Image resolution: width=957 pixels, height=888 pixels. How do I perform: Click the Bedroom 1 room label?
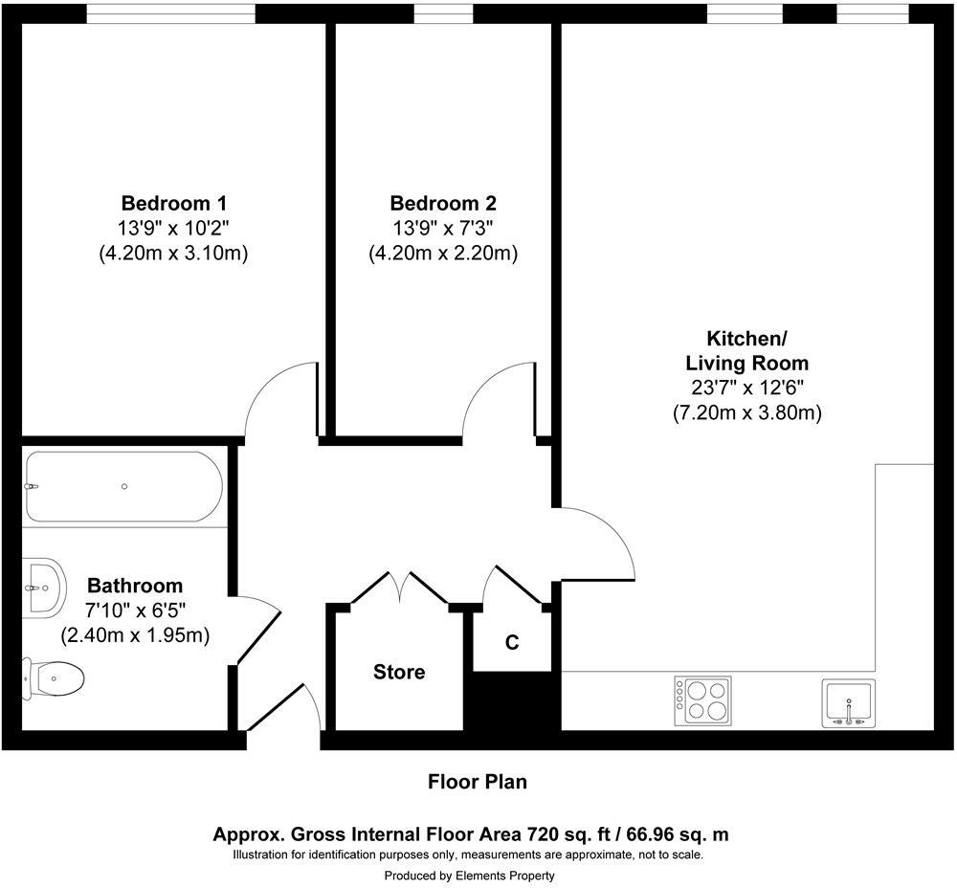(173, 204)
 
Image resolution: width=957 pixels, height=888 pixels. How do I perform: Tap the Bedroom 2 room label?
(443, 204)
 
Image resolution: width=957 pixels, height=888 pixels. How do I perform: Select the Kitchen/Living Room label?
(746, 351)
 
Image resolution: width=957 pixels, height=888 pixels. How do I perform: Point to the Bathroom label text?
(135, 586)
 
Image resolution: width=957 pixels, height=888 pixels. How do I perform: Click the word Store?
(399, 673)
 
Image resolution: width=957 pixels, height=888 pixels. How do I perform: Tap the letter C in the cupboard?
(512, 643)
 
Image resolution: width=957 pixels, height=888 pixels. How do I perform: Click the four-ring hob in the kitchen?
(703, 700)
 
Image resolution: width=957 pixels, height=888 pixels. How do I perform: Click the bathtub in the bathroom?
(124, 486)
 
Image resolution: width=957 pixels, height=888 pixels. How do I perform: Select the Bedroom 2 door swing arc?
(496, 397)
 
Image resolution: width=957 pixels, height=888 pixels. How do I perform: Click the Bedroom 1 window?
(171, 13)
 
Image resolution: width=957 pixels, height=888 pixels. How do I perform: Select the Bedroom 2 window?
(443, 13)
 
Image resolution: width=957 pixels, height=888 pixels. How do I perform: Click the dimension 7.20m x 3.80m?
(746, 413)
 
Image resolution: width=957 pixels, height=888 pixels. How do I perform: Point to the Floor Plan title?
(477, 782)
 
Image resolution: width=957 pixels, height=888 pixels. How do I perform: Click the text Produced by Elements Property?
(469, 875)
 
